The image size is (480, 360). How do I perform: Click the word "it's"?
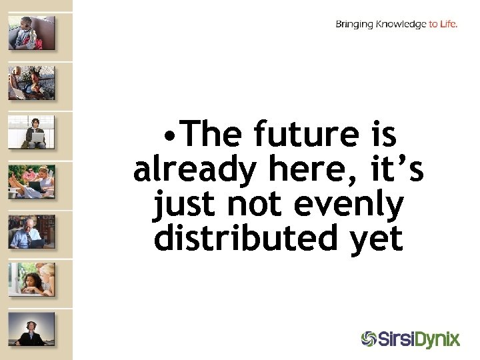pyautogui.click(x=391, y=170)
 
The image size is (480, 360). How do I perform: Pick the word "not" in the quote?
pyautogui.click(x=253, y=205)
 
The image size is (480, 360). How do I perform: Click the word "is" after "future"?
pyautogui.click(x=382, y=136)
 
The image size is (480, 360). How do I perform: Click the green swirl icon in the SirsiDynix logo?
pyautogui.click(x=369, y=339)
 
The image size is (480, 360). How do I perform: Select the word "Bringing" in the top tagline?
pyautogui.click(x=355, y=25)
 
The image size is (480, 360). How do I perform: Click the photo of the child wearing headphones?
pyautogui.click(x=31, y=33)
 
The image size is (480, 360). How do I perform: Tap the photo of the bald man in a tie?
pyautogui.click(x=31, y=231)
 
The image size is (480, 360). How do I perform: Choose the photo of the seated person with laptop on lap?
pyautogui.click(x=31, y=132)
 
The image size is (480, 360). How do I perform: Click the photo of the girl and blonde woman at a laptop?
pyautogui.click(x=31, y=280)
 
